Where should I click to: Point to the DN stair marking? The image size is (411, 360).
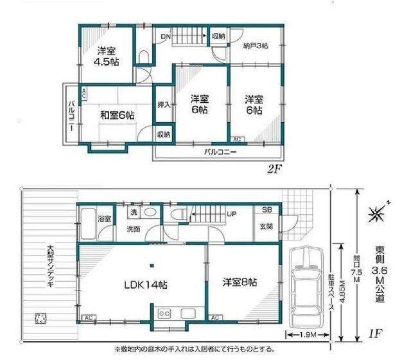click(165, 37)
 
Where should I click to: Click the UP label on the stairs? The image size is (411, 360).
click(230, 215)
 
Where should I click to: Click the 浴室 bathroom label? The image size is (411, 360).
click(104, 220)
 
